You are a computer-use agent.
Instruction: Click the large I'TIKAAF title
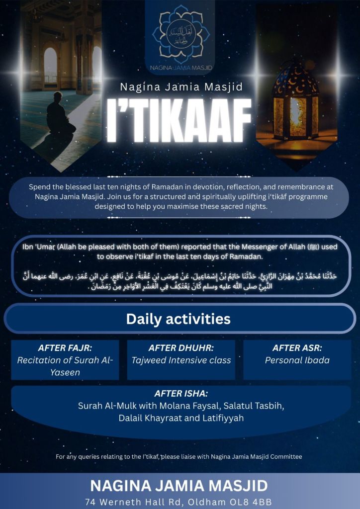[x=180, y=122]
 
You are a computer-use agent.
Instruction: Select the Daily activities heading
[x=178, y=319]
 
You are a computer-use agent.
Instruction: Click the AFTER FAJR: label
[x=65, y=348]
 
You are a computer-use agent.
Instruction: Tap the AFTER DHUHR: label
[x=181, y=348]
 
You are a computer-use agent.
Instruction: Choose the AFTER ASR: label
[x=297, y=348]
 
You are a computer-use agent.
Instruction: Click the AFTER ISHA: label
[x=180, y=394]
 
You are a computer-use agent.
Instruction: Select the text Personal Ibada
[x=297, y=360]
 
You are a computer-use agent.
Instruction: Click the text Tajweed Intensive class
[x=181, y=360]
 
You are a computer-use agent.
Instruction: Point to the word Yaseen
[x=65, y=372]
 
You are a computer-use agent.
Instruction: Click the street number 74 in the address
[x=91, y=501]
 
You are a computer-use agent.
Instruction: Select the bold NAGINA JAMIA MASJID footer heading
[x=179, y=485]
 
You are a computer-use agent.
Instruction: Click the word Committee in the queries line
[x=285, y=456]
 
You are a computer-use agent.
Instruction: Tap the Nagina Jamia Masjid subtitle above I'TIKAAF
[x=181, y=87]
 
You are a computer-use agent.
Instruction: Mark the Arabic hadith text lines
[x=180, y=280]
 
